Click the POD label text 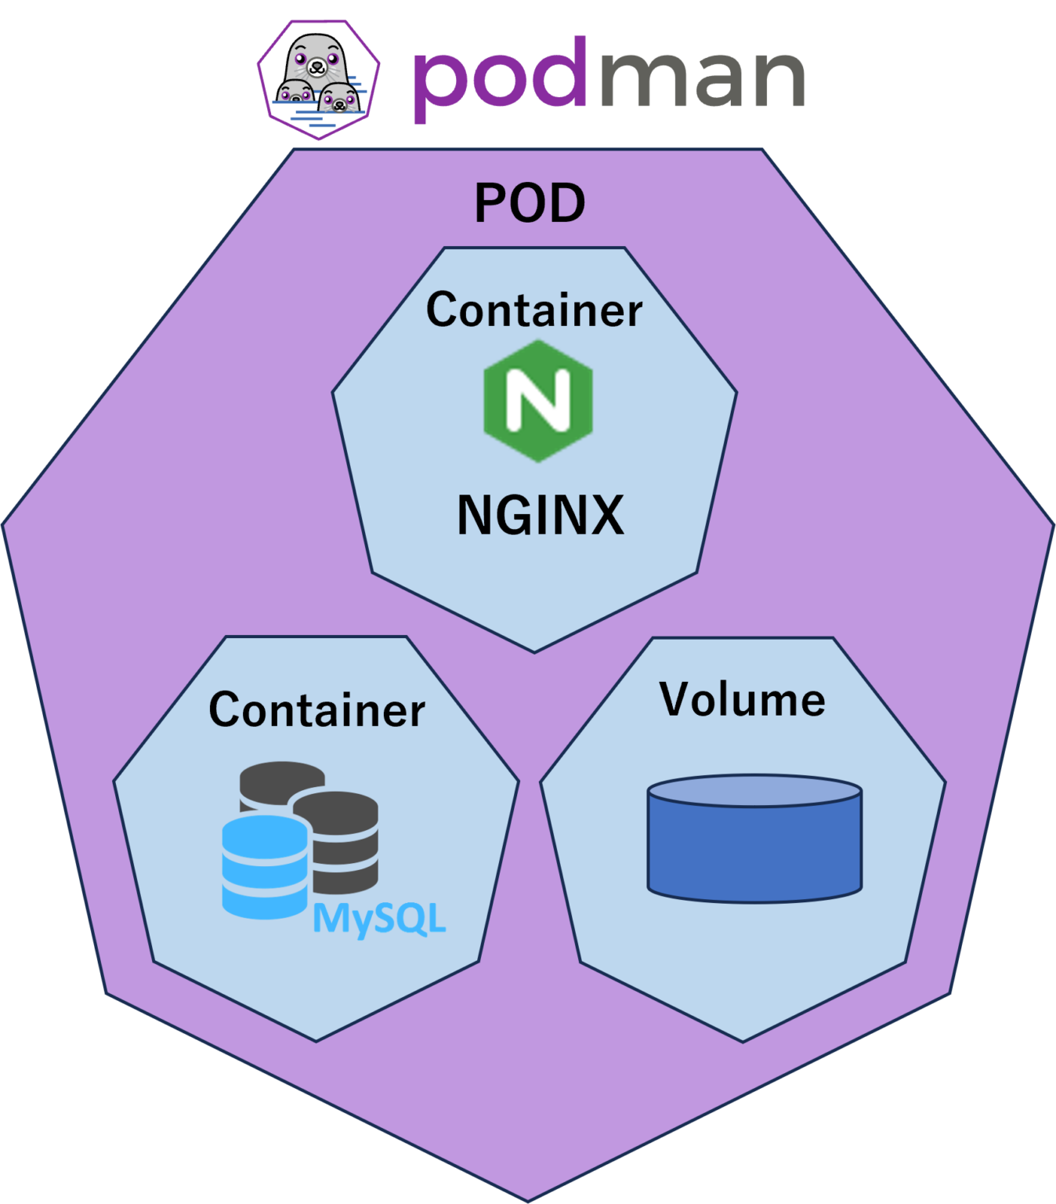point(530,203)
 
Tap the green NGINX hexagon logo point(538,401)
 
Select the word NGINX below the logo point(541,515)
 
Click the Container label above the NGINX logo point(534,310)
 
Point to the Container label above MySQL point(316,710)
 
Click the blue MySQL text point(379,919)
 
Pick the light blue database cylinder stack point(265,865)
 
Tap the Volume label point(743,699)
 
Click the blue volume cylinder point(754,850)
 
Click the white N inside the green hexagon point(538,400)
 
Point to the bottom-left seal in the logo point(295,94)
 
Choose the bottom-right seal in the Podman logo point(339,98)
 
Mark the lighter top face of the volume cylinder point(754,790)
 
